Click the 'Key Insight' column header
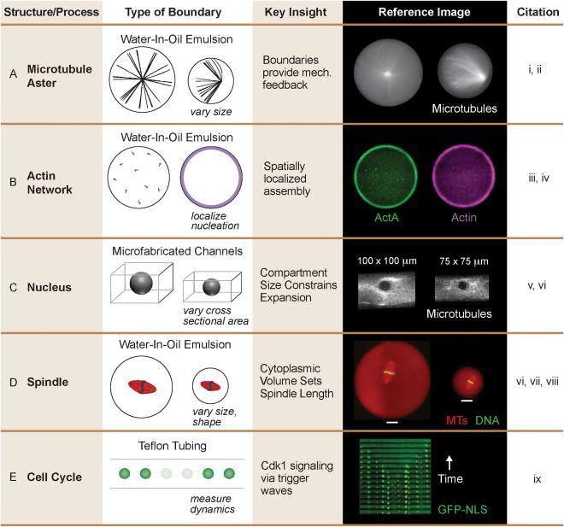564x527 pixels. point(296,12)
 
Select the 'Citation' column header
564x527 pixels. point(538,12)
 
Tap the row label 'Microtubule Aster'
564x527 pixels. point(59,76)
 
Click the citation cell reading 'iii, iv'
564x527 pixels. point(538,178)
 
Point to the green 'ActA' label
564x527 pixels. point(386,218)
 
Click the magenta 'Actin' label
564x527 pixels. point(464,218)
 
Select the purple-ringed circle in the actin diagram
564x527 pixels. point(211,177)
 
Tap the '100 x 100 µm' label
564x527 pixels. point(387,261)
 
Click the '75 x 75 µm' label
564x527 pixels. point(464,261)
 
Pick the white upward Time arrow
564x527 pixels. point(449,462)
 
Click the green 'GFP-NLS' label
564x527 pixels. point(462,509)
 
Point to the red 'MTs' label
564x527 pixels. point(456,420)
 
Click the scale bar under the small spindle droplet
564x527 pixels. point(467,400)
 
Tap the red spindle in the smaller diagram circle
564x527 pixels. point(210,386)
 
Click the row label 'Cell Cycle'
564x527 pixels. point(55,477)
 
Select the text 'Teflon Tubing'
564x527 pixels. point(173,446)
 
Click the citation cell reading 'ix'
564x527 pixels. point(538,479)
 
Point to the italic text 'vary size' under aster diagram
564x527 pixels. point(211,112)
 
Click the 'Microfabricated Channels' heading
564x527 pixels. point(178,251)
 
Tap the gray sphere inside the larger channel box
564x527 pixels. point(141,283)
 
